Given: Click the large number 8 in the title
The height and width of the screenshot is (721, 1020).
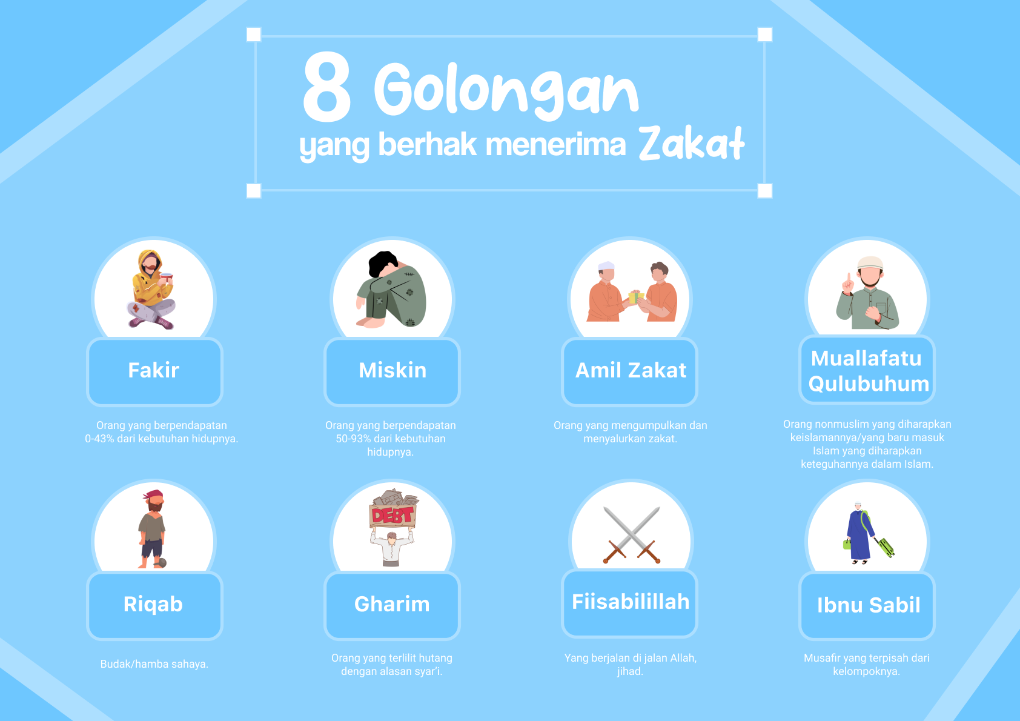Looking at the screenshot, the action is pyautogui.click(x=327, y=87).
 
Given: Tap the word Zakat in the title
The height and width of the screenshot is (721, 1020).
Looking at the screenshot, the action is pyautogui.click(x=691, y=143).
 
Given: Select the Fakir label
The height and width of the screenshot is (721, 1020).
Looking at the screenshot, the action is pyautogui.click(x=154, y=370).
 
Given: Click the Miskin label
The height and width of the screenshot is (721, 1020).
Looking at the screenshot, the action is pyautogui.click(x=392, y=370).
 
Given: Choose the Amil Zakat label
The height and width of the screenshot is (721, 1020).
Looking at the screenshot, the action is pyautogui.click(x=631, y=370).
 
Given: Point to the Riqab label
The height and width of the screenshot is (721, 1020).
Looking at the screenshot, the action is pyautogui.click(x=153, y=605).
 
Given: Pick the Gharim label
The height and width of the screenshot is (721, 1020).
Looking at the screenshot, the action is pyautogui.click(x=392, y=604).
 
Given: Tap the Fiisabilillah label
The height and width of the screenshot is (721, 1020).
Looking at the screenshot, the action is pyautogui.click(x=631, y=602).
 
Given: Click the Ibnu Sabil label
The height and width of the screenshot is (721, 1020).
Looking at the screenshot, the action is pyautogui.click(x=869, y=605).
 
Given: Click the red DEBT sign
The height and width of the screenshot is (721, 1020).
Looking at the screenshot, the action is pyautogui.click(x=392, y=516).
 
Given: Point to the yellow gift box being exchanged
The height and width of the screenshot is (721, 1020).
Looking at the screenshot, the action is pyautogui.click(x=635, y=297).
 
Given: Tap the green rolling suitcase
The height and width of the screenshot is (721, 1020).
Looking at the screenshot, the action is pyautogui.click(x=886, y=547).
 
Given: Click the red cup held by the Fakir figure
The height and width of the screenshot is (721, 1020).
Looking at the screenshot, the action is pyautogui.click(x=166, y=277).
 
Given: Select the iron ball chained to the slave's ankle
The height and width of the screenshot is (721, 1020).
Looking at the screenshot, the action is pyautogui.click(x=160, y=563).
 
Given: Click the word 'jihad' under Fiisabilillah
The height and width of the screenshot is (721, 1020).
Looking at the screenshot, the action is pyautogui.click(x=629, y=671).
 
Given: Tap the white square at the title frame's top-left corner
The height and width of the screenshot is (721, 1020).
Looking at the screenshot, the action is pyautogui.click(x=254, y=34).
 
